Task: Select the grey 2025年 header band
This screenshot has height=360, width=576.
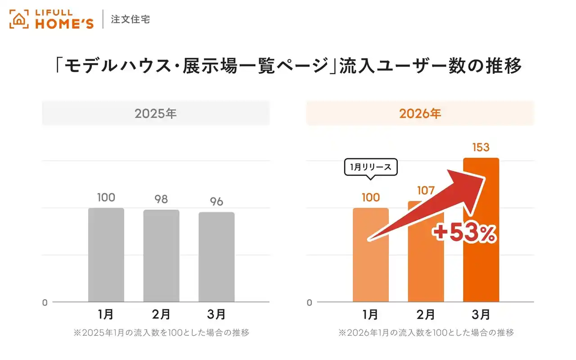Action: point(156,113)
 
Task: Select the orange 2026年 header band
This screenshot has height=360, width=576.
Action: point(420,113)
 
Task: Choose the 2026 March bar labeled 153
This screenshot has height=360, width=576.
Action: point(481,270)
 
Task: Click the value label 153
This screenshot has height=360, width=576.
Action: point(481,147)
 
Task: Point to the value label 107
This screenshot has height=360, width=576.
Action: point(426,190)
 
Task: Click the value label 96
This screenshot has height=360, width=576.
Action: point(216,202)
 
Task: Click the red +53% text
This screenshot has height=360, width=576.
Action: point(464,233)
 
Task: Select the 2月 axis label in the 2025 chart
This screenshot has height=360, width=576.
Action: point(161,314)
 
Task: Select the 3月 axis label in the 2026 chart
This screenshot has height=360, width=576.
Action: point(481,314)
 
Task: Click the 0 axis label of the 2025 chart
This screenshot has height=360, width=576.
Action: point(45,303)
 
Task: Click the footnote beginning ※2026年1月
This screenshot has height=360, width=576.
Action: point(426,333)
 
